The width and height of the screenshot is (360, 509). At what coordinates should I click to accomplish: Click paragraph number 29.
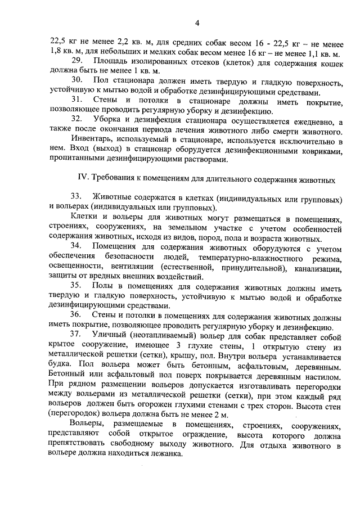click(x=78, y=61)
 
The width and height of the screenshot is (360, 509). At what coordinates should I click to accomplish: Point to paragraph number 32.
click(x=78, y=121)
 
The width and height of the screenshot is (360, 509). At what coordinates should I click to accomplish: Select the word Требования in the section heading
click(x=118, y=178)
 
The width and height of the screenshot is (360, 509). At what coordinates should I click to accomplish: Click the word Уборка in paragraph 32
click(x=109, y=121)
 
